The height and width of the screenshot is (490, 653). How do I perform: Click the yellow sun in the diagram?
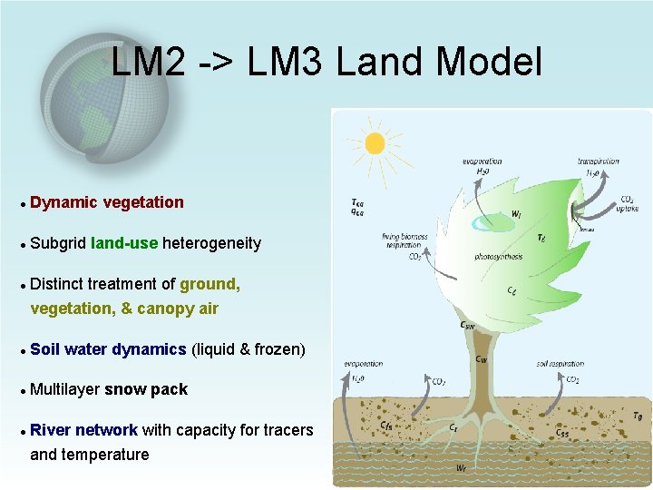pyautogui.click(x=374, y=143)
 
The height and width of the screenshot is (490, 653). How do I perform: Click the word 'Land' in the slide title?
pyautogui.click(x=381, y=63)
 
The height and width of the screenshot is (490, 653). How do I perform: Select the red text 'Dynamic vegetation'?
pyautogui.click(x=107, y=202)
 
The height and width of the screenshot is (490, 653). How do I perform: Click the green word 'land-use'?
pyautogui.click(x=124, y=243)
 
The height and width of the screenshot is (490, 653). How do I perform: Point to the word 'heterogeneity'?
pyautogui.click(x=211, y=243)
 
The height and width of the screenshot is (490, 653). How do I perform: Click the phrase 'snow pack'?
pyautogui.click(x=146, y=389)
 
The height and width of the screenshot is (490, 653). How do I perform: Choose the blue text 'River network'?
pyautogui.click(x=83, y=430)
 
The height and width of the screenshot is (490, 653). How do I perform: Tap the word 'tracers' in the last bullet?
pyautogui.click(x=284, y=430)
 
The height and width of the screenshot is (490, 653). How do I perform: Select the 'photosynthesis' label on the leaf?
pyautogui.click(x=498, y=257)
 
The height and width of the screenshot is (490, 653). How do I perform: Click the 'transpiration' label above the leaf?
pyautogui.click(x=598, y=162)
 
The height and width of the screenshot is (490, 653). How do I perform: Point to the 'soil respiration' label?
pyautogui.click(x=560, y=364)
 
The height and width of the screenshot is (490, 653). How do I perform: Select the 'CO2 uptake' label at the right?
pyautogui.click(x=628, y=204)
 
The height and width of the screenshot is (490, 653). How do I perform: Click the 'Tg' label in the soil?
pyautogui.click(x=637, y=416)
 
